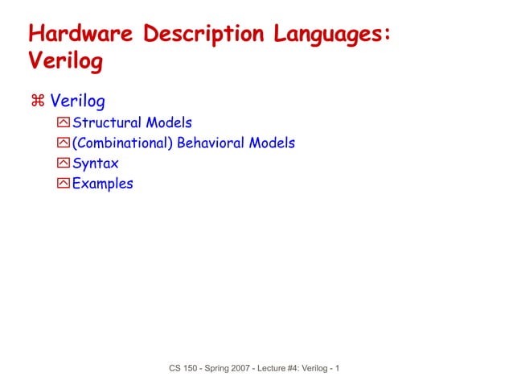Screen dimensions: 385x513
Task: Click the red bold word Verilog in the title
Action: (65, 62)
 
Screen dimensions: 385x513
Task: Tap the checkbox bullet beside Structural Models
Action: (64, 123)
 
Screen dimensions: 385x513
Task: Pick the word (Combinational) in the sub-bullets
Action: (117, 143)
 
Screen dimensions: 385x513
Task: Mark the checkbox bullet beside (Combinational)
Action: (64, 143)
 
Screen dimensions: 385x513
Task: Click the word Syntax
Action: (96, 164)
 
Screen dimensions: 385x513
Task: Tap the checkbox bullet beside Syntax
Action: (64, 164)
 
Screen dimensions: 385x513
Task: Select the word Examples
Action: (103, 184)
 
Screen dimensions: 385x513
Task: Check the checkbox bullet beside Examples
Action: (64, 184)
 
